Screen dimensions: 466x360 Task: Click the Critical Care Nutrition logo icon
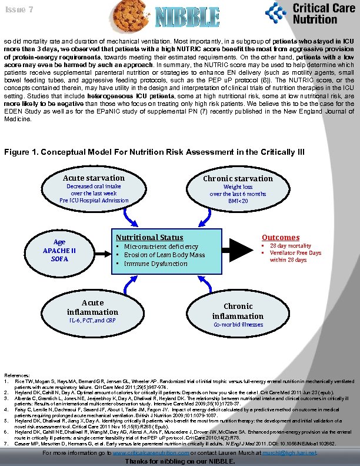(276, 12)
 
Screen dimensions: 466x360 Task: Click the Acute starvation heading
(94, 178)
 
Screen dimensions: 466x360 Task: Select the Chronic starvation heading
(238, 178)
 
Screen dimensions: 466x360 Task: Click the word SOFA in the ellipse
(59, 259)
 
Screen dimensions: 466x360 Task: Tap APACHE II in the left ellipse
(59, 251)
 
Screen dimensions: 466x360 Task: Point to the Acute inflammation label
(92, 307)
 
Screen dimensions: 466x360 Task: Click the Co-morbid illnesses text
(238, 325)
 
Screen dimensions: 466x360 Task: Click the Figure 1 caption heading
(154, 152)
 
